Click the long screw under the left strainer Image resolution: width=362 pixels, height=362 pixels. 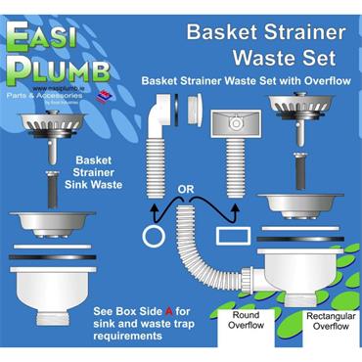tap(46, 188)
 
